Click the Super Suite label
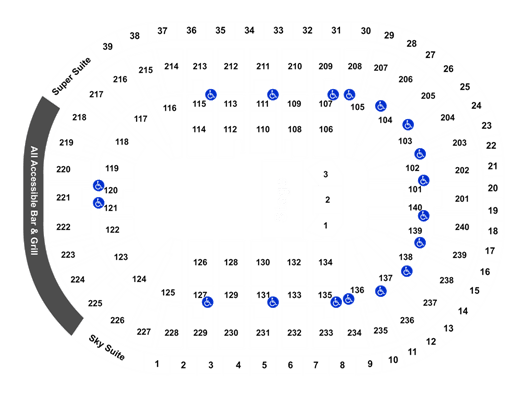71,76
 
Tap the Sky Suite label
107,347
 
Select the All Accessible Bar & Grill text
34,201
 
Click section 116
170,108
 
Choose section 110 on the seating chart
263,129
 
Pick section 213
200,66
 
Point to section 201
462,199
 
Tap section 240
462,227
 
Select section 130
263,262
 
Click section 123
121,257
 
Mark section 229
200,333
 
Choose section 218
79,117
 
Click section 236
407,320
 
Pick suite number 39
107,47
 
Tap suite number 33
278,30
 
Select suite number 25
465,87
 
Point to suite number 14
463,311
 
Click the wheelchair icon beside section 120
98,185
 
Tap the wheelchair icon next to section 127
208,302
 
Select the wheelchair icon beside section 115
211,95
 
